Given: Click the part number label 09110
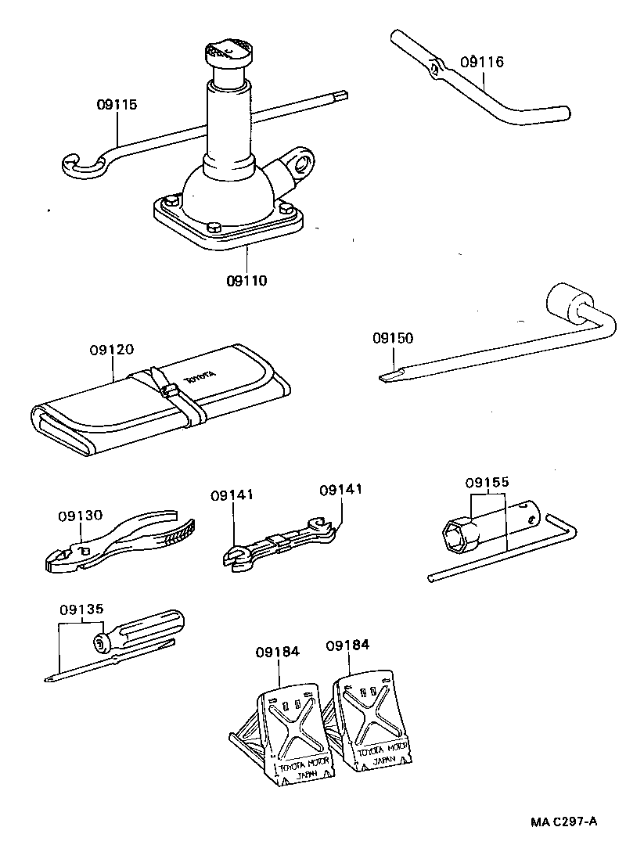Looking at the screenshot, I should click(x=245, y=279).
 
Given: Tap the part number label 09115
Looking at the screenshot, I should click(x=117, y=104).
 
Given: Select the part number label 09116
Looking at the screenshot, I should click(x=482, y=63).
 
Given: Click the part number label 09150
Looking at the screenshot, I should click(x=393, y=339).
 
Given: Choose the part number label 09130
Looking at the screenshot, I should click(x=80, y=516).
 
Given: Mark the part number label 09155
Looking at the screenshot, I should click(x=487, y=483).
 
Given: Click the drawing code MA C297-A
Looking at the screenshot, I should click(x=563, y=821).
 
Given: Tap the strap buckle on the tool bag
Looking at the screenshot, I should click(x=166, y=389).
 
